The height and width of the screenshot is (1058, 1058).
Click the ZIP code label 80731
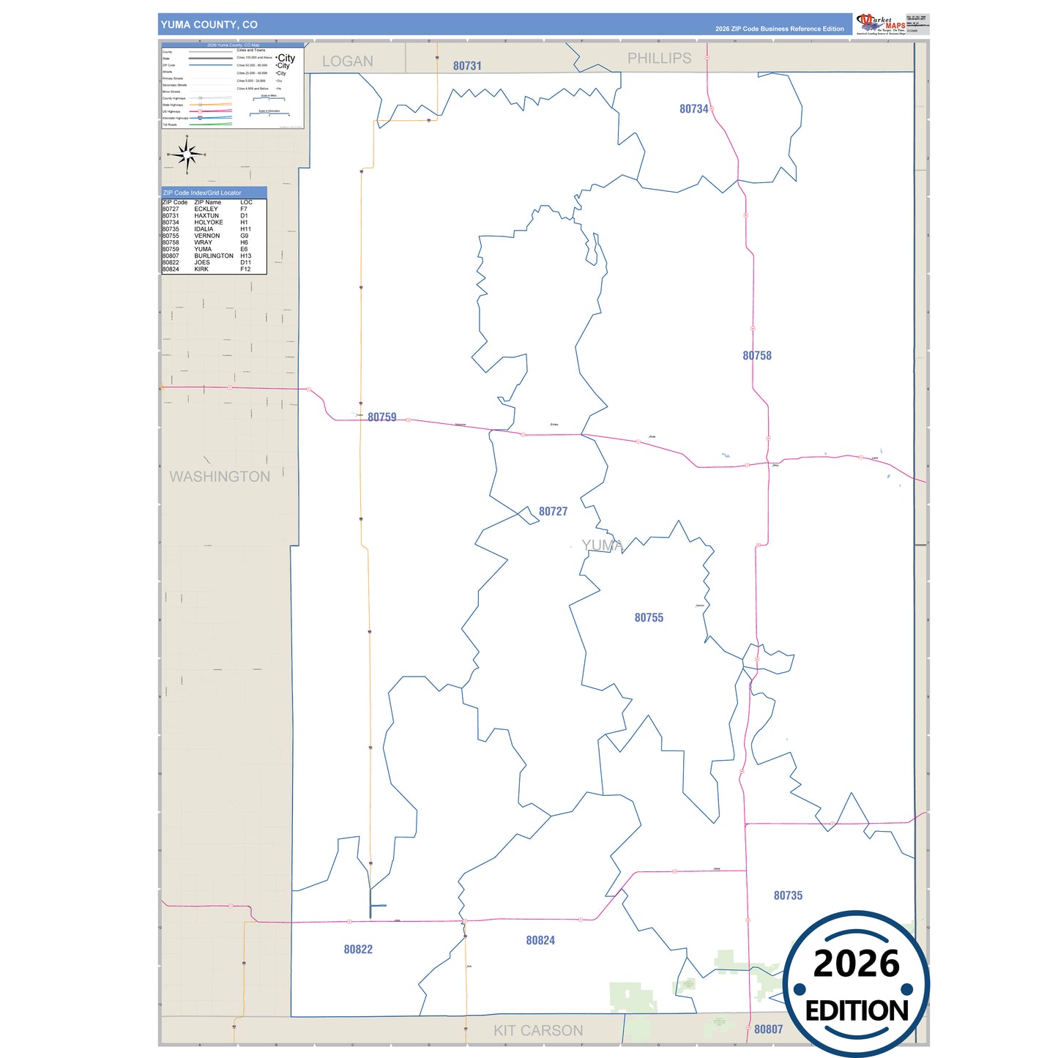(x=467, y=66)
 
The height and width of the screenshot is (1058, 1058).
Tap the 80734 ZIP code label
(x=693, y=109)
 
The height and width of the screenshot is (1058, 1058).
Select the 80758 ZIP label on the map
(x=757, y=356)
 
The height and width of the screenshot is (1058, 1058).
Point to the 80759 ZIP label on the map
(x=382, y=417)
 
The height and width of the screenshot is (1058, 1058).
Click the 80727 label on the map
(x=553, y=512)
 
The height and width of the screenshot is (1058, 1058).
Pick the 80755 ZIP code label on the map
(x=649, y=618)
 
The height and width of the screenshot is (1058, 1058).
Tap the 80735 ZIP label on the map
(x=788, y=895)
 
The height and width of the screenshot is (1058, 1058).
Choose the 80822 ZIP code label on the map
(x=358, y=950)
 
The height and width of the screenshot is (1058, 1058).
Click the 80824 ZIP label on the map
(x=540, y=940)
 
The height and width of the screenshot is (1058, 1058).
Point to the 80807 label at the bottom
(x=768, y=1029)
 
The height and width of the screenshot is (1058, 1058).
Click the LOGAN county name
(x=348, y=62)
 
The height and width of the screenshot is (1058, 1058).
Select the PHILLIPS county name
(x=659, y=59)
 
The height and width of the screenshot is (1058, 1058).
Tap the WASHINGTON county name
(x=220, y=477)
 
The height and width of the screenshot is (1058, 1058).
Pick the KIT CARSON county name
(x=538, y=1031)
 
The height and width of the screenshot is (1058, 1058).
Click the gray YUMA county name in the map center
(x=602, y=545)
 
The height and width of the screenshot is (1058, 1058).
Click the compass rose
(x=187, y=154)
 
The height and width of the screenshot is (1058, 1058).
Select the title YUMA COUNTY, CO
(x=209, y=25)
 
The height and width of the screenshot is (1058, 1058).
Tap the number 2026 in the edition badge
(x=856, y=964)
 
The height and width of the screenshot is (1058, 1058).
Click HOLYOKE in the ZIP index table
(x=209, y=223)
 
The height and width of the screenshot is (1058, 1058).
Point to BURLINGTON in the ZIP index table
(x=214, y=256)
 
